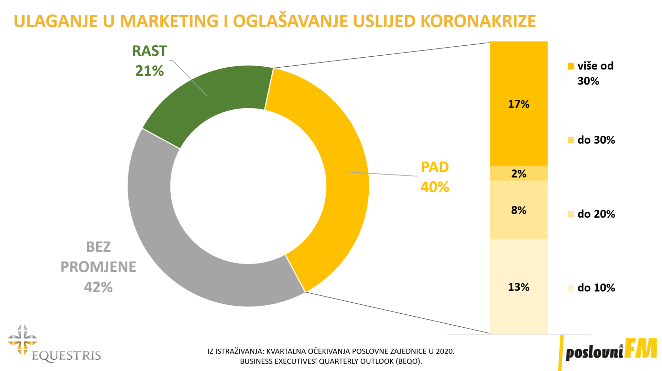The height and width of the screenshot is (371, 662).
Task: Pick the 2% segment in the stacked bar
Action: click(x=519, y=173)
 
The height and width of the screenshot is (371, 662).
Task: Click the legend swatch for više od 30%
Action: click(x=571, y=66)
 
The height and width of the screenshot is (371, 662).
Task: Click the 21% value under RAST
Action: click(x=149, y=71)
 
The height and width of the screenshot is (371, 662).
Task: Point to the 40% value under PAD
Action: click(x=435, y=187)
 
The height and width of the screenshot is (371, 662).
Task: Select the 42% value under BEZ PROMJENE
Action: click(x=98, y=287)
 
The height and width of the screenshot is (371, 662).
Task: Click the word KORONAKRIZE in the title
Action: click(x=478, y=21)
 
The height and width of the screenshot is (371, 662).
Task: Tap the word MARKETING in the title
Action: click(x=169, y=21)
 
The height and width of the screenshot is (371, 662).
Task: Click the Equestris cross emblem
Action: click(x=23, y=340)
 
